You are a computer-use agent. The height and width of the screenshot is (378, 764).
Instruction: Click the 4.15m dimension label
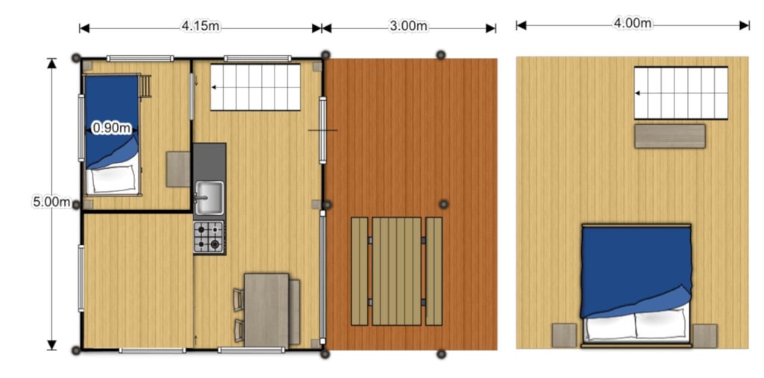pyautogui.click(x=200, y=26)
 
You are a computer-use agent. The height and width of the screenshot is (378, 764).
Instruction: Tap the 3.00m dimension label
pyautogui.click(x=408, y=26)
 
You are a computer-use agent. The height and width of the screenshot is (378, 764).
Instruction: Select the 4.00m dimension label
pyautogui.click(x=633, y=23)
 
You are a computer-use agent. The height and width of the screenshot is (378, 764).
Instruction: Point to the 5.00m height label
pyautogui.click(x=51, y=202)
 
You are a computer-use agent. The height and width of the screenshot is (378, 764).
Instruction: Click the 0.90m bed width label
pyautogui.click(x=112, y=128)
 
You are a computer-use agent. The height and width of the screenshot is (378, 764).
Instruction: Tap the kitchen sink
pyautogui.click(x=210, y=198)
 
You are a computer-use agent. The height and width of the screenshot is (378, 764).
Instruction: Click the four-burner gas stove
pyautogui.click(x=210, y=237)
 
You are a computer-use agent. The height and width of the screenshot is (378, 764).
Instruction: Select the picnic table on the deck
pyautogui.click(x=397, y=271)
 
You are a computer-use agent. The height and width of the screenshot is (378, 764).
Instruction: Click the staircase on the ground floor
pyautogui.click(x=255, y=87)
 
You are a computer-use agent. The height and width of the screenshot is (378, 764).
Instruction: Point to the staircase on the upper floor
pyautogui.click(x=680, y=93)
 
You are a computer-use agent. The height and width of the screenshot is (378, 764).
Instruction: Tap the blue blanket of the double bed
pyautogui.click(x=636, y=270)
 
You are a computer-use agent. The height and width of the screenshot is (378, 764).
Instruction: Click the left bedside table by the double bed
pyautogui.click(x=564, y=335)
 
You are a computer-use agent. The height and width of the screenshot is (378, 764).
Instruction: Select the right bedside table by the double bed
pyautogui.click(x=704, y=335)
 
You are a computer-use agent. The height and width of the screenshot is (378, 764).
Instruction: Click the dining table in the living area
pyautogui.click(x=266, y=311)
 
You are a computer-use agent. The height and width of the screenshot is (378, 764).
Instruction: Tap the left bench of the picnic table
pyautogui.click(x=360, y=271)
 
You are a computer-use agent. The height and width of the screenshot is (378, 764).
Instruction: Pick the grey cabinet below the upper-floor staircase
pyautogui.click(x=670, y=136)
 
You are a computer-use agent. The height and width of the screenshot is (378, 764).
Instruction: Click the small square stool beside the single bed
pyautogui.click(x=178, y=170)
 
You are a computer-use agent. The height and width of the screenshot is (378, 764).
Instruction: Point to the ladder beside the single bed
pyautogui.click(x=145, y=87)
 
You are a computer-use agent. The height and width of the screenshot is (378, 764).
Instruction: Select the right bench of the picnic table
pyautogui.click(x=433, y=271)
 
